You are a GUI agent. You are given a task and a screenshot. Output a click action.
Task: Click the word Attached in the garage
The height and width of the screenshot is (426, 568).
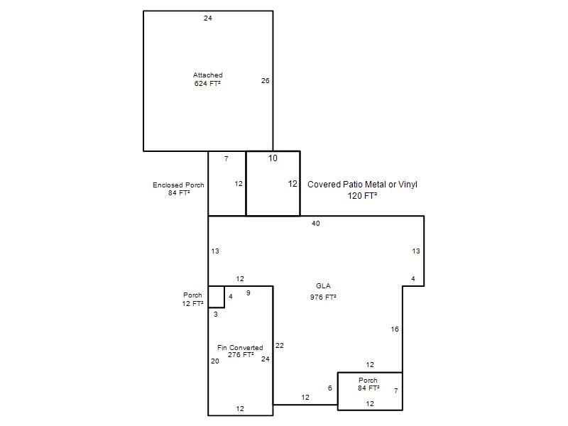207,75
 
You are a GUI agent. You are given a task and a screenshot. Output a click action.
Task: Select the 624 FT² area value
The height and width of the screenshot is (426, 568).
207,83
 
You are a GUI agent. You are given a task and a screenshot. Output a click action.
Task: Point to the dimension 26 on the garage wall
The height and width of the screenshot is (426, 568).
265,80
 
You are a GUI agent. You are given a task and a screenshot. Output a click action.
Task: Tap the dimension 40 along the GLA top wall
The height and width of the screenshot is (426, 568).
316,224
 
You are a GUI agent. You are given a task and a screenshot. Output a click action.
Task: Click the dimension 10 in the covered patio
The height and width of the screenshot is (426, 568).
273,158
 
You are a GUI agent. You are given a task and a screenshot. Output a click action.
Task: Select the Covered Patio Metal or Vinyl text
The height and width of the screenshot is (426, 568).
362,185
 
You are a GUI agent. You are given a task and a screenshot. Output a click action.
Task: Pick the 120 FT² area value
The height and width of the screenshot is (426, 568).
362,196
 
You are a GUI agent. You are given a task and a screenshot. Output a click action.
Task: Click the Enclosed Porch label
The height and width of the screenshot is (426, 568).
178,185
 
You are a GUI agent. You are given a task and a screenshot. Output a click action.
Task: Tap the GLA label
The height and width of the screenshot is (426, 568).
323,286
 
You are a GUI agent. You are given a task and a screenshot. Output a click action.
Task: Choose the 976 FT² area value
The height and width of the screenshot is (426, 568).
323,297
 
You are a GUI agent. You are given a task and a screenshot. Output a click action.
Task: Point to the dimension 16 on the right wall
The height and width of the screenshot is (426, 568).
395,329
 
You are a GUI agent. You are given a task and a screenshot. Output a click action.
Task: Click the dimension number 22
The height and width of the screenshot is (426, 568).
279,346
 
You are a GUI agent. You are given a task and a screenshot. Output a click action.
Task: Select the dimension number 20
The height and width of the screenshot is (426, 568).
215,361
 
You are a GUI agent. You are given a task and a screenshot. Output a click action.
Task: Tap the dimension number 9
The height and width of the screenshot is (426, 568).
248,293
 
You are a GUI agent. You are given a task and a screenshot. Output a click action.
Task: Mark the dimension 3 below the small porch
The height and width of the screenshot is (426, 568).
216,315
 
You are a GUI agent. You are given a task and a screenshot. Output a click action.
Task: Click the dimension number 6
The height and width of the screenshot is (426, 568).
329,388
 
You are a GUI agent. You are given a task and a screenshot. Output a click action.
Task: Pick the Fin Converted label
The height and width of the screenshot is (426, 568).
240,348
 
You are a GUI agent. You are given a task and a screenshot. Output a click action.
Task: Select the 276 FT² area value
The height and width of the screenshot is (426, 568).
241,355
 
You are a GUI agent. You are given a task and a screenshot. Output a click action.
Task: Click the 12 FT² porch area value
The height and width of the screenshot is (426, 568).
192,304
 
